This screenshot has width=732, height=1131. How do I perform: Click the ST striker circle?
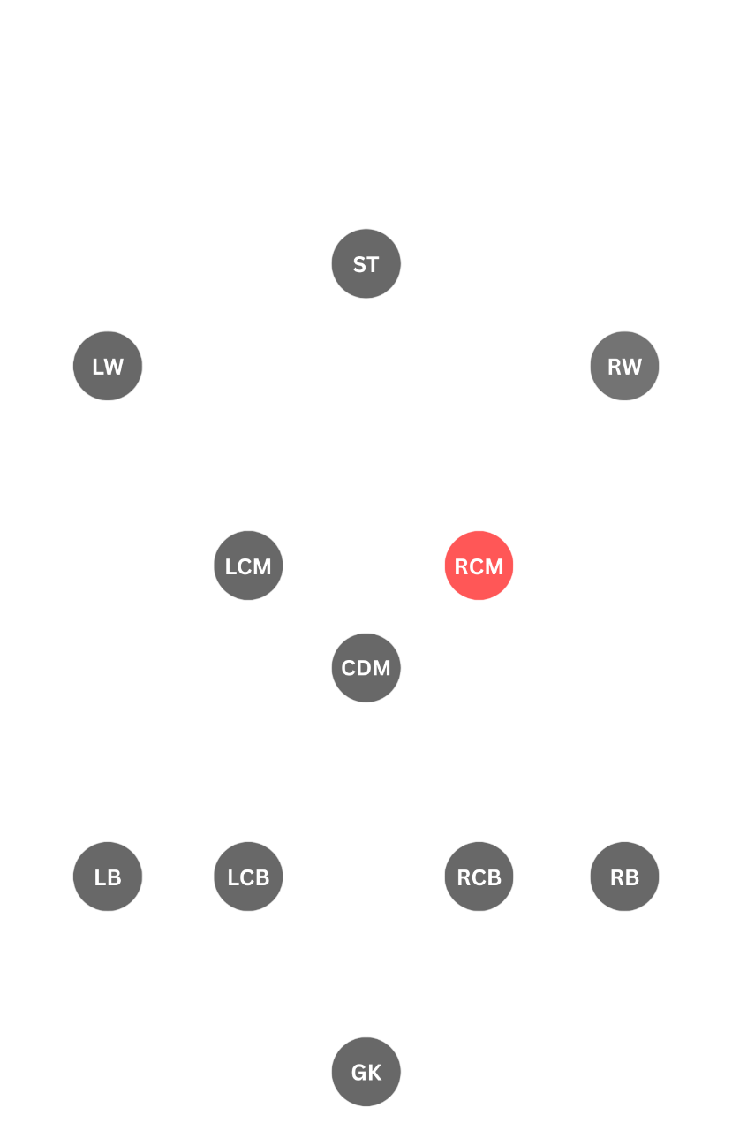366,263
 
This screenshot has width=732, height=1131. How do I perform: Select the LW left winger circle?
108,366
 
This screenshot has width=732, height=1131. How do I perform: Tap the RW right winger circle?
624,366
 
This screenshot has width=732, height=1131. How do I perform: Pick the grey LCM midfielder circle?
248,565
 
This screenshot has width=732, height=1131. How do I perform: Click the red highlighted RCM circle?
479,565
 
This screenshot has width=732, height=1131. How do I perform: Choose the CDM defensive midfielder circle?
366,668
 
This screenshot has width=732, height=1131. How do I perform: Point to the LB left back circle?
108,877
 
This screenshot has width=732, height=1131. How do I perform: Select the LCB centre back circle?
248,877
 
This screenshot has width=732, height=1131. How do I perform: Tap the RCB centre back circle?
479,877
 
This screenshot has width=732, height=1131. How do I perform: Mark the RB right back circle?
624,877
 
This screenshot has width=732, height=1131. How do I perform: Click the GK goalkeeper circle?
366,1072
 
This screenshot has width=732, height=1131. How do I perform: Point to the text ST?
366,264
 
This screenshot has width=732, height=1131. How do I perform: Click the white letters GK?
366,1073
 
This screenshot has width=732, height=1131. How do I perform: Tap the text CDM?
366,669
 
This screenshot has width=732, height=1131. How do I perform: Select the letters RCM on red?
479,566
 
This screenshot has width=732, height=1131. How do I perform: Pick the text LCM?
248,566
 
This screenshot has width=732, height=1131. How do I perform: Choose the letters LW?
108,367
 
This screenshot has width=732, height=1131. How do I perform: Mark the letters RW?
624,367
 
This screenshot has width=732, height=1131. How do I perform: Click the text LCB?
248,877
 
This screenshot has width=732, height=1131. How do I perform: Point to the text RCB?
479,877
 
